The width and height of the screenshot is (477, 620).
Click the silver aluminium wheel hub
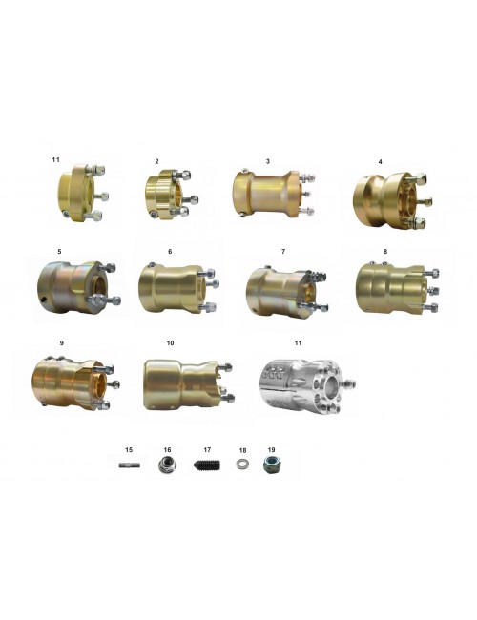point(308,386)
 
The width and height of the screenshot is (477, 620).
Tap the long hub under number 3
point(273,194)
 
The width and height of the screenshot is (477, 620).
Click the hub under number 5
point(78,287)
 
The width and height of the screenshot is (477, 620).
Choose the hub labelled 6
point(178,287)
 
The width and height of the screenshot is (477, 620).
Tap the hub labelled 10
point(188,384)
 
